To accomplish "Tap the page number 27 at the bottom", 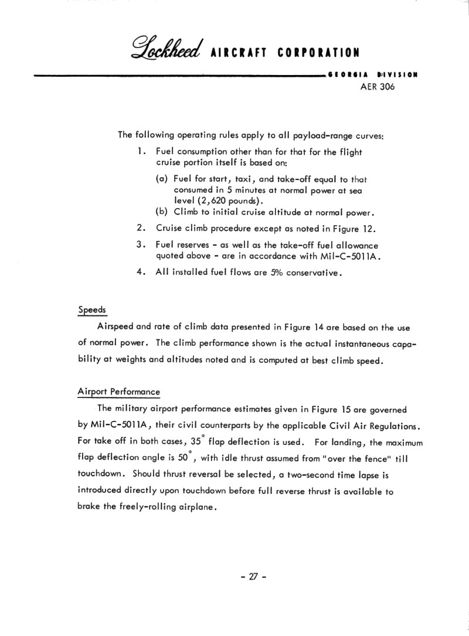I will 253,576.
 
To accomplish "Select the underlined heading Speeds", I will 91,310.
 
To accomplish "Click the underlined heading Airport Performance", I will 119,392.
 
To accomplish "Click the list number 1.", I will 141,152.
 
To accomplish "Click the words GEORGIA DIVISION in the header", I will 373,75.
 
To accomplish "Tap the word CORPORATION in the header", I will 319,53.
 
